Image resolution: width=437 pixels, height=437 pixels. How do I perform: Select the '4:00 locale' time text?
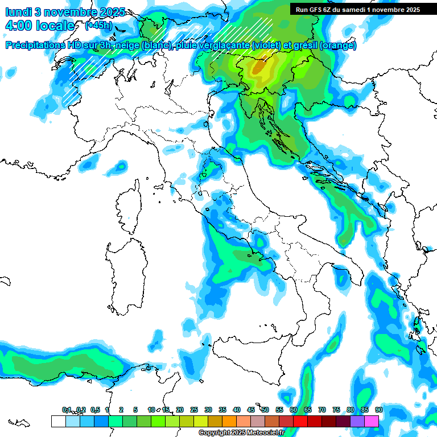tap(39, 26)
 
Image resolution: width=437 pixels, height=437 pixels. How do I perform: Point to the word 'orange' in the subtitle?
tap(338, 46)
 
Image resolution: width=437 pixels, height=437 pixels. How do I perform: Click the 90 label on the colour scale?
tap(378, 410)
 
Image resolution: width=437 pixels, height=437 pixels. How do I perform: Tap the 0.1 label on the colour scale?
tap(67, 410)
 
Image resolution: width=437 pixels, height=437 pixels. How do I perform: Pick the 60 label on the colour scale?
tap(294, 410)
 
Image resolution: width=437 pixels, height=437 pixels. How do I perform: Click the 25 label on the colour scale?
tap(194, 410)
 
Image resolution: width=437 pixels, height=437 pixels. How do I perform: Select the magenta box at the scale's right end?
tap(372, 421)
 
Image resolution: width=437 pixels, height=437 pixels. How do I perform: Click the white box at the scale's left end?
tap(58, 421)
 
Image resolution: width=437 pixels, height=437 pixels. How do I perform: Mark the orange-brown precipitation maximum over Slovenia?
tap(261, 67)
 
